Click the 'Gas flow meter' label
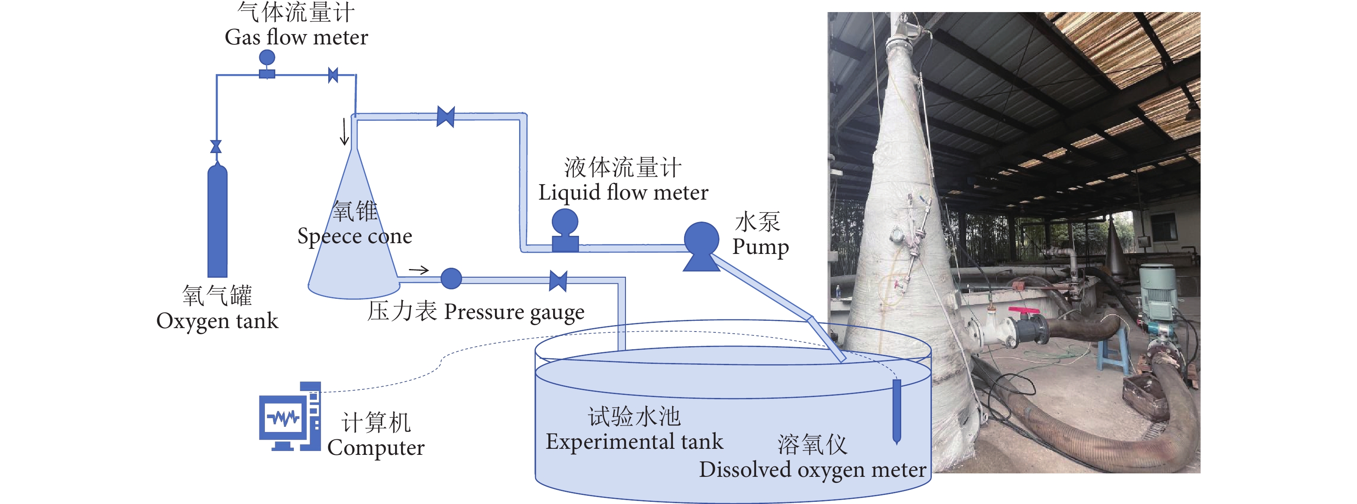click(296, 38)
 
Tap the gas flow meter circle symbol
click(267, 57)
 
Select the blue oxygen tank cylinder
click(217, 222)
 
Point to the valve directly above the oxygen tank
click(216, 147)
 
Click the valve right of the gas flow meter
click(333, 75)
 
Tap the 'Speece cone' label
click(355, 236)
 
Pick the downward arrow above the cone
click(344, 132)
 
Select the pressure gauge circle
click(451, 279)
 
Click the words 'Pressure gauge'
click(514, 312)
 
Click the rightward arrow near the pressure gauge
click(419, 270)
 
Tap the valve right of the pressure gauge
click(558, 281)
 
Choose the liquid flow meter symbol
click(565, 230)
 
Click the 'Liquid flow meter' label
click(623, 192)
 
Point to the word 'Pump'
click(760, 247)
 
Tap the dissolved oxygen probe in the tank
click(896, 411)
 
